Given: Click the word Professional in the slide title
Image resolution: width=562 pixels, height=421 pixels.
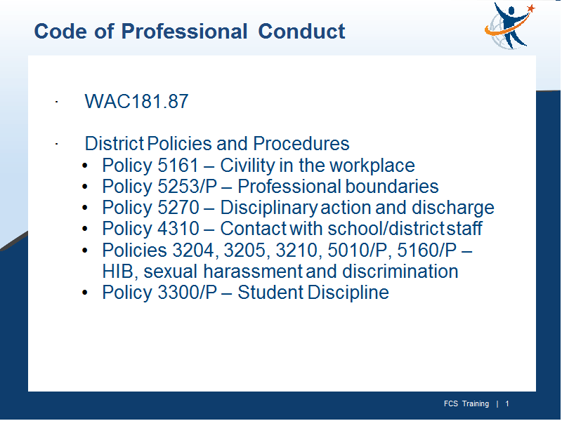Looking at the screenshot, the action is (184, 31).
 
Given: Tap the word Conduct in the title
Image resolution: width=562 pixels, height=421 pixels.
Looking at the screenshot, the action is (301, 31).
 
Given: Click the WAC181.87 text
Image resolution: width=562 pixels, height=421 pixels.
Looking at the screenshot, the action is (136, 101).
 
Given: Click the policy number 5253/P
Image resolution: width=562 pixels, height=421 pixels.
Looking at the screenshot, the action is (187, 187).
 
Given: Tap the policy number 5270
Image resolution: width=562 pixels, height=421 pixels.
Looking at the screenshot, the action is (178, 208).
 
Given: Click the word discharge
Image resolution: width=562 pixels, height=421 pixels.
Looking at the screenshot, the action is (453, 208).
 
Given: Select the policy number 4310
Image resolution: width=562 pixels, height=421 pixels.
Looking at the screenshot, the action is (178, 229).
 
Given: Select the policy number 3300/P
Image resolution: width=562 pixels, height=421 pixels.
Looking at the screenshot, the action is (187, 293).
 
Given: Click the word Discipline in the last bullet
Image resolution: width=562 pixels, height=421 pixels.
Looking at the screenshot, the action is (348, 293).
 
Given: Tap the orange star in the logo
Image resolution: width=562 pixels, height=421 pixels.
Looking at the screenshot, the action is (531, 8).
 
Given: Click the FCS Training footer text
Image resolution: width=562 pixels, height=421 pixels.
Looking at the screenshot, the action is (466, 404).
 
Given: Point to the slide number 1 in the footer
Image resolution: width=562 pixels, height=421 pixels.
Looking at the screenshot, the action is (507, 404).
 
